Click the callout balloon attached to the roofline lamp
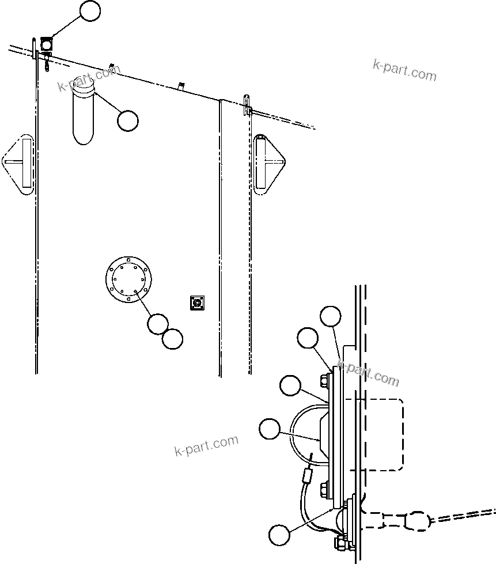[90, 12]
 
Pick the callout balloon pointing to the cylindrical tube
[127, 120]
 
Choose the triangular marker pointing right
[268, 164]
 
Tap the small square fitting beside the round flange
[198, 302]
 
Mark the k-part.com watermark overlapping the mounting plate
[369, 373]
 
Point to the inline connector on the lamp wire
[308, 476]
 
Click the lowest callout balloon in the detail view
[279, 533]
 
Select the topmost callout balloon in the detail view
[331, 316]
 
